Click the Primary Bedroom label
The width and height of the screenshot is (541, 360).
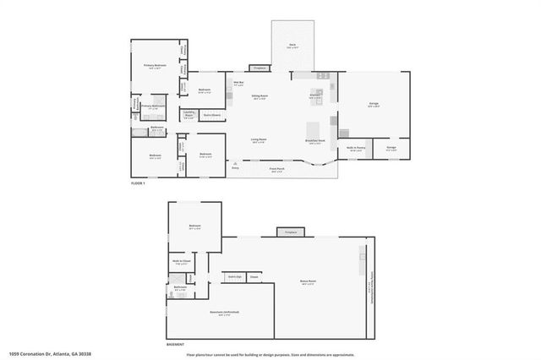[x=154, y=65]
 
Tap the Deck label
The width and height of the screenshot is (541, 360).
[x=292, y=47]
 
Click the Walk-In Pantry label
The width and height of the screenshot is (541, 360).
[x=355, y=147]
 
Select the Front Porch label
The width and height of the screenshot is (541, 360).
[x=276, y=169]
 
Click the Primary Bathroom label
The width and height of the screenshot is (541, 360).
[x=153, y=106]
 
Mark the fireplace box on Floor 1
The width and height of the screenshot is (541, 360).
[x=260, y=68]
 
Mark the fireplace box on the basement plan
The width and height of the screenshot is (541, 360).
[x=291, y=231]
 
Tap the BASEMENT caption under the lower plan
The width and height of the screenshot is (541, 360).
[x=176, y=345]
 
